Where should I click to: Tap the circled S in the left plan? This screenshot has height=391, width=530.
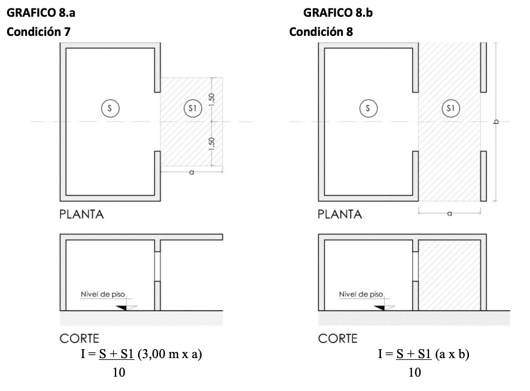click(x=109, y=108)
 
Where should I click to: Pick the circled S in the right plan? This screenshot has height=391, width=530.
click(x=368, y=108)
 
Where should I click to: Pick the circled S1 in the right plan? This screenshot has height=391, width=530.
click(x=450, y=108)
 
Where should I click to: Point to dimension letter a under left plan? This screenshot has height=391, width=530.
click(x=191, y=172)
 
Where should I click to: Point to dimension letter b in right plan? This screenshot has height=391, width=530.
click(x=495, y=122)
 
